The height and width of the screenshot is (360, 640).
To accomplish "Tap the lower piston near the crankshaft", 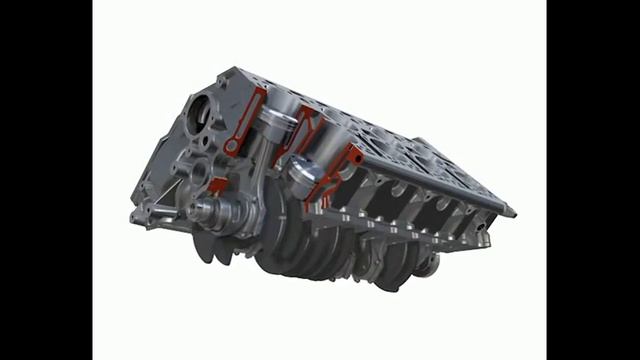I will pos(304,173).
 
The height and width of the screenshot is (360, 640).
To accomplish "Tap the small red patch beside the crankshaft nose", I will pos(217,185).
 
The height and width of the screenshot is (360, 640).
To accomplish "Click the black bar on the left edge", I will pos(46,180).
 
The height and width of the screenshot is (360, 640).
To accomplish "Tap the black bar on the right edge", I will pos(593,180).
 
